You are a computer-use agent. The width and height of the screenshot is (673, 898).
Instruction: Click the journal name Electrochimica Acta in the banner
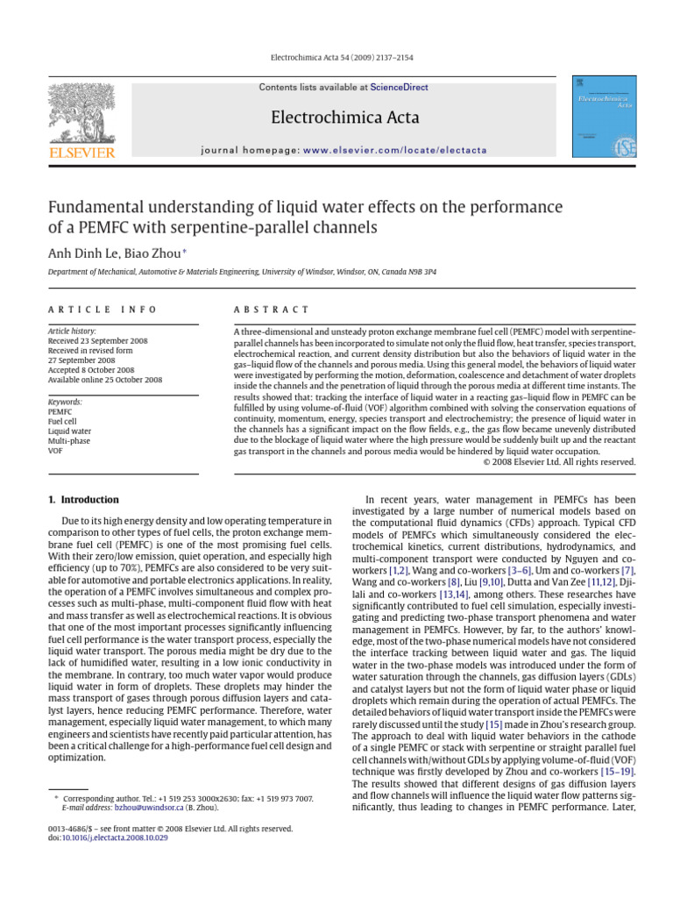tap(345, 118)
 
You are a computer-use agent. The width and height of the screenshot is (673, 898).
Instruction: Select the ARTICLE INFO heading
tap(102, 310)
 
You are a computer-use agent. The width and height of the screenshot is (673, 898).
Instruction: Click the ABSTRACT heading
tap(272, 310)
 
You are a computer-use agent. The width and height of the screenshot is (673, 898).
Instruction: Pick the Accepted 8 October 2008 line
tap(92, 370)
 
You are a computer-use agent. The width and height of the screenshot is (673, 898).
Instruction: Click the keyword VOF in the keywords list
tap(55, 451)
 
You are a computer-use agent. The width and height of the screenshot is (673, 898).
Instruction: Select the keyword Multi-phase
tap(69, 441)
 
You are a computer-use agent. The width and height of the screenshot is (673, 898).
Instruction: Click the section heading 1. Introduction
tap(83, 500)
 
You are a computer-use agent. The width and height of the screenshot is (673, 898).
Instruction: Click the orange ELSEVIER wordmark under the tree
tap(82, 153)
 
